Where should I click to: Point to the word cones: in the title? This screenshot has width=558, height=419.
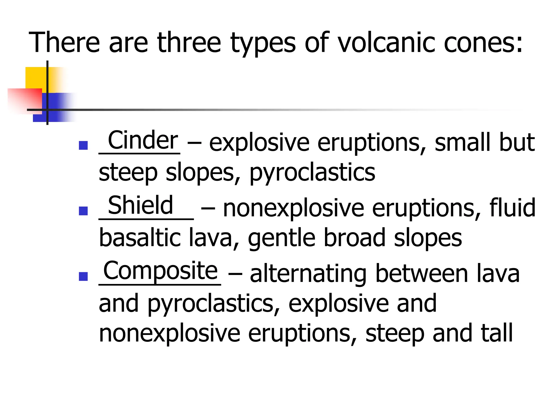coord(483,43)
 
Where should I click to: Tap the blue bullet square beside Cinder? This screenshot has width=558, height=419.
coord(83,145)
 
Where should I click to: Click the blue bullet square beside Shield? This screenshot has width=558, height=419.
coord(83,211)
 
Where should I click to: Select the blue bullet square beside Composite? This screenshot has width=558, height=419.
coord(83,276)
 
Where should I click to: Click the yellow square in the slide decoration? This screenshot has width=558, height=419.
coord(35,78)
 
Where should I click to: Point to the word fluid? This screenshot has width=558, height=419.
coord(512,208)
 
